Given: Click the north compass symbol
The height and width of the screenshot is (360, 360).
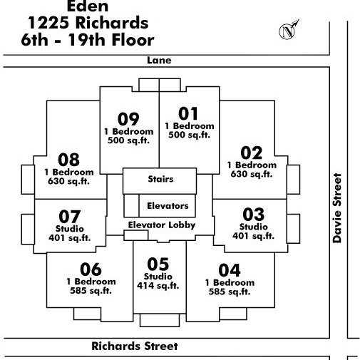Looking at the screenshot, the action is (x=288, y=31).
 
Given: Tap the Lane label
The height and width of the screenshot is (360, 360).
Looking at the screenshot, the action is (x=159, y=61).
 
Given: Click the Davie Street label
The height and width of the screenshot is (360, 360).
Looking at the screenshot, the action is (x=337, y=208).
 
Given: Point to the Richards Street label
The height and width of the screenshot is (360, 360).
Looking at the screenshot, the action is (x=135, y=346).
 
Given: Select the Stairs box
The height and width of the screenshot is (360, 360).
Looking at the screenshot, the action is (x=160, y=181).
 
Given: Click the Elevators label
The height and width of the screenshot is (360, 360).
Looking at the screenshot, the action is (x=168, y=206).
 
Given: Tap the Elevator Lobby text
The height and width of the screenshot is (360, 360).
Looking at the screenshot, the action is (x=162, y=225).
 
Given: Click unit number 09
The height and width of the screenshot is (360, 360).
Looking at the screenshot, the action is (x=128, y=119).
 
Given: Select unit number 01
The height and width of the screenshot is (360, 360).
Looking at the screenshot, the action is (x=188, y=113).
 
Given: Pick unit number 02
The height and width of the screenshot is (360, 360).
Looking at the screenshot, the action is (x=252, y=153).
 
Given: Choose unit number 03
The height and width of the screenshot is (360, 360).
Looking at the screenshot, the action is (x=253, y=215).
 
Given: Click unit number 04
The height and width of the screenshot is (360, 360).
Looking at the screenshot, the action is (x=230, y=270).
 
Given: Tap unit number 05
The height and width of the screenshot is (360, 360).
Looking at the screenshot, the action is (x=158, y=264).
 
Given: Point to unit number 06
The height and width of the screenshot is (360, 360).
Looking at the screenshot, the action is (x=91, y=269).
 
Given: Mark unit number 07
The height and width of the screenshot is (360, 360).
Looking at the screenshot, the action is (x=70, y=217).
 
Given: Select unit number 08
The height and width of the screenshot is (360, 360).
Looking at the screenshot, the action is (x=68, y=160).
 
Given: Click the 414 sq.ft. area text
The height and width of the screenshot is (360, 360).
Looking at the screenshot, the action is (x=158, y=286).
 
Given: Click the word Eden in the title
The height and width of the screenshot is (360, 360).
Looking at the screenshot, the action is (x=88, y=6).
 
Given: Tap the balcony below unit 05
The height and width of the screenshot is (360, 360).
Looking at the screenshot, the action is (x=160, y=320).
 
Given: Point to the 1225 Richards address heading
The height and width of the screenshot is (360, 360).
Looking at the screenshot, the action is (x=88, y=23).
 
